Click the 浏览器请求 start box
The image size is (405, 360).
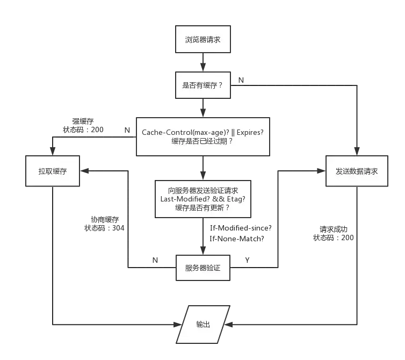204,39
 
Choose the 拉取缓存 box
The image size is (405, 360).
53,171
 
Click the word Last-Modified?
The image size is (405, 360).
182,199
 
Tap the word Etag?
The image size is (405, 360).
235,199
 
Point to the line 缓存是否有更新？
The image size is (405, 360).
202,207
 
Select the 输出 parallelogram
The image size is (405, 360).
203,325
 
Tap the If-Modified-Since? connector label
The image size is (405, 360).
241,228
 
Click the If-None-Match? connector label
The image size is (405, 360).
238,239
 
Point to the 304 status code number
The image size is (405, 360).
119,228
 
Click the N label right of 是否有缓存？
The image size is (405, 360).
241,81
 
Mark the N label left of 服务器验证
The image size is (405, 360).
155,261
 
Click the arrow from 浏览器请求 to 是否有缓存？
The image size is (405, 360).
203,62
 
